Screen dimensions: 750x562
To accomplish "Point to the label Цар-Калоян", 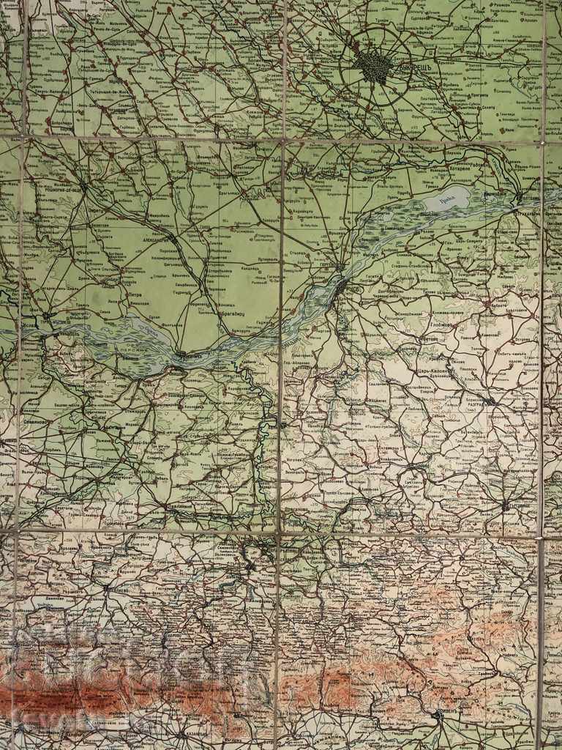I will click(438, 368).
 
